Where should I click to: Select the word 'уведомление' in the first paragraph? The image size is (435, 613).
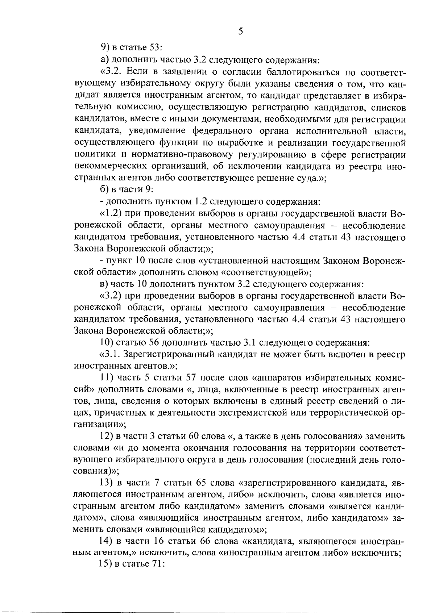tap(155, 131)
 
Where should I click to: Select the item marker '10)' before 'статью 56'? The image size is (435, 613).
tap(107, 342)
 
